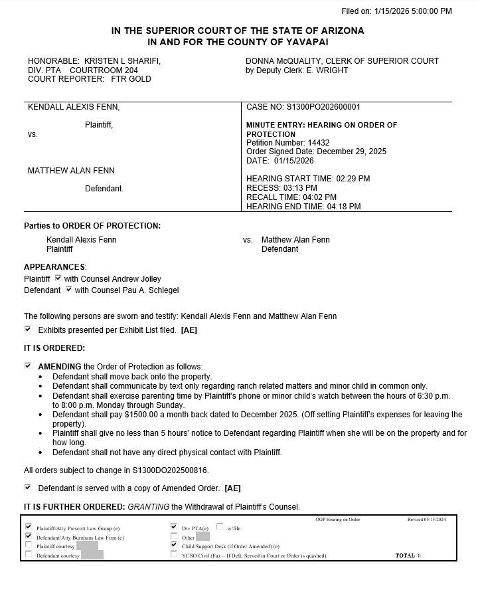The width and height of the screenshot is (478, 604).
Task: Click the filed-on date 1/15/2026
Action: tap(394, 11)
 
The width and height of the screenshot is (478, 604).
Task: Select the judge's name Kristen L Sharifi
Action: tap(122, 61)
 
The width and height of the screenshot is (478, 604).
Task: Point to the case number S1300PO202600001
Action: tap(324, 107)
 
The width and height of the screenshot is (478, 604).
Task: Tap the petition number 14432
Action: tap(317, 143)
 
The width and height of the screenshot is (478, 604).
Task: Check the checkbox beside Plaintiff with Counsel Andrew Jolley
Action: tap(58, 278)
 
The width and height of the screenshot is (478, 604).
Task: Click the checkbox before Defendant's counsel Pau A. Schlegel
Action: tap(69, 290)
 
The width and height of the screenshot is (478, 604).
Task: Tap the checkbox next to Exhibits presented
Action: tap(28, 330)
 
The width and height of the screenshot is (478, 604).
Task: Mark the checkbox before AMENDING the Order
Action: tap(28, 366)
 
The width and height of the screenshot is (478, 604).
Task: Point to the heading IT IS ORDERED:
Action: tap(54, 348)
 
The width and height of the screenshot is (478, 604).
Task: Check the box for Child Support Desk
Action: tap(174, 545)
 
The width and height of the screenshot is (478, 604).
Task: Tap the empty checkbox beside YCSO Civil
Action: tap(174, 554)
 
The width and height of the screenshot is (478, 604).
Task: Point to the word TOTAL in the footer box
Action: tap(405, 555)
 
